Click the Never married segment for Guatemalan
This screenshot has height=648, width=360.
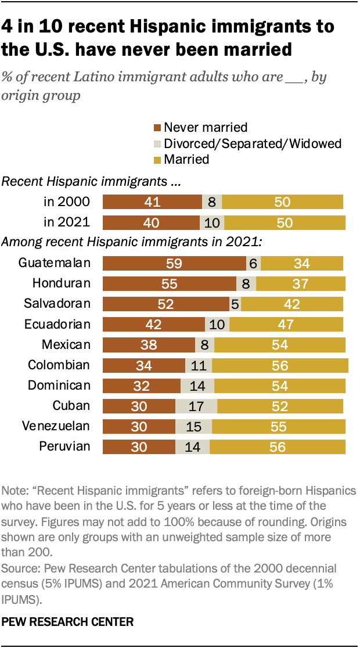tap(174, 263)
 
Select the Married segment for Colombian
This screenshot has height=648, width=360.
tap(280, 365)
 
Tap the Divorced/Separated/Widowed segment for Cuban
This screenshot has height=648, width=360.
tap(196, 406)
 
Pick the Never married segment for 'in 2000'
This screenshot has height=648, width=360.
tap(152, 202)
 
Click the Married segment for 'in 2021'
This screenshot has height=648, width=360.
tap(285, 222)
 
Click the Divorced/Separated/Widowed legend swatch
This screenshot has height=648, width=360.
tap(157, 143)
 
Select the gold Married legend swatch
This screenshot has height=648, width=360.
tap(157, 159)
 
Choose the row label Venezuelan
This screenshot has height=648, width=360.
tap(56, 426)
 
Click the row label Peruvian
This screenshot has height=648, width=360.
tap(64, 447)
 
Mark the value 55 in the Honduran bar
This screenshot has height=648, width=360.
tap(169, 283)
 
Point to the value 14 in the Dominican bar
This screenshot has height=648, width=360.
tap(197, 386)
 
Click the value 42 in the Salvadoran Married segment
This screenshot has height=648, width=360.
tap(293, 304)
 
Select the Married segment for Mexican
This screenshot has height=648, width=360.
tap(280, 345)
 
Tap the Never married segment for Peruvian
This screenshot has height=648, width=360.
tap(139, 447)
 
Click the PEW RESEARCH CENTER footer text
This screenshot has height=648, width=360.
tap(68, 622)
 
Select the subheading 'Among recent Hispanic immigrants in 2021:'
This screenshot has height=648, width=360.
tap(133, 242)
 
